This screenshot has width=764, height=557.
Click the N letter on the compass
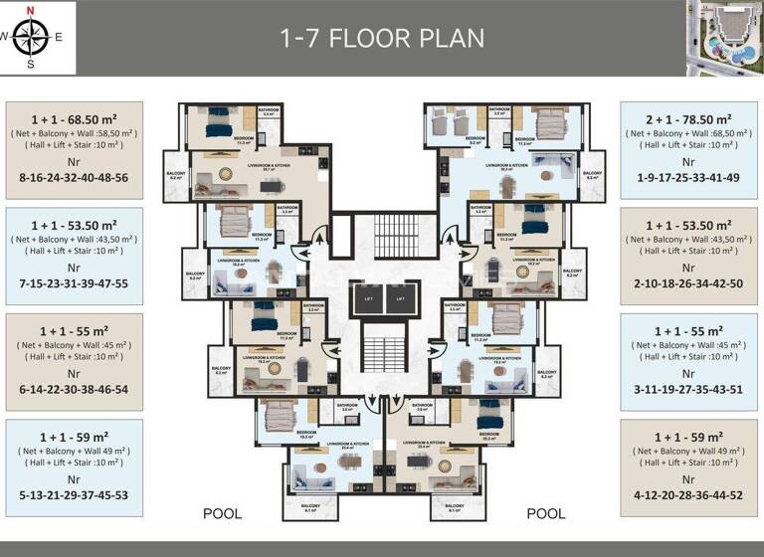click(x=30, y=11)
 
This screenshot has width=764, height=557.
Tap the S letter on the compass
click(x=30, y=65)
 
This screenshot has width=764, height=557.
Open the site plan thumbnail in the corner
click(x=723, y=37)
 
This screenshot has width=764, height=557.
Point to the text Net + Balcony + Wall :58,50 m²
click(x=74, y=133)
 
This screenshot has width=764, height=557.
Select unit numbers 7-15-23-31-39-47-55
click(x=74, y=283)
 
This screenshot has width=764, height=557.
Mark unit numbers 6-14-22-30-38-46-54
click(x=74, y=389)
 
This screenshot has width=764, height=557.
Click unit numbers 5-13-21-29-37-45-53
click(x=74, y=494)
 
